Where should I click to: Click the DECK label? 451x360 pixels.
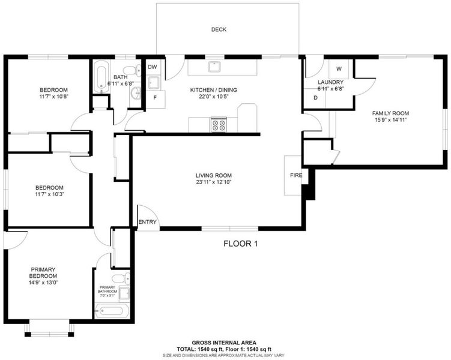(x=219, y=29)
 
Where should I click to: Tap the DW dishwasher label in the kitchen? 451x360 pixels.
(x=153, y=67)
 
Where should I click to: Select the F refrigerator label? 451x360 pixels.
(x=155, y=98)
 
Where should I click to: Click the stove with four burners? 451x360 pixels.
(x=219, y=125)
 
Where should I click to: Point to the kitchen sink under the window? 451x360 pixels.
(x=214, y=67)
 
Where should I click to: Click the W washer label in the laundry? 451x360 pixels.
(x=339, y=68)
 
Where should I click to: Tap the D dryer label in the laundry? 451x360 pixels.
(x=315, y=98)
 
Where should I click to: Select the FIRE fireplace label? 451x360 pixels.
(x=296, y=175)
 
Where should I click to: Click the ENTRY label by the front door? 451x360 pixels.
(x=147, y=222)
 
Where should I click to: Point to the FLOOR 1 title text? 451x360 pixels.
(x=241, y=244)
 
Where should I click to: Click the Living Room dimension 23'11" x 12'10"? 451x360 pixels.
(x=214, y=182)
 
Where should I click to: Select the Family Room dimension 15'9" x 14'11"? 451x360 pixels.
(x=390, y=120)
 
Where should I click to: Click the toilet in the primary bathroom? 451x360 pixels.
(x=121, y=278)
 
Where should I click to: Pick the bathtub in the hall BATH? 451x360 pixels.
(x=101, y=77)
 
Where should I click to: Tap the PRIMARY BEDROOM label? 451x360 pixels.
(x=43, y=272)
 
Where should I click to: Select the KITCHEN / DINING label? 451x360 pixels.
(x=214, y=90)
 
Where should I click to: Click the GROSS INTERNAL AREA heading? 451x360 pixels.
(x=224, y=343)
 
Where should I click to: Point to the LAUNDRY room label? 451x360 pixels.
(x=330, y=82)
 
